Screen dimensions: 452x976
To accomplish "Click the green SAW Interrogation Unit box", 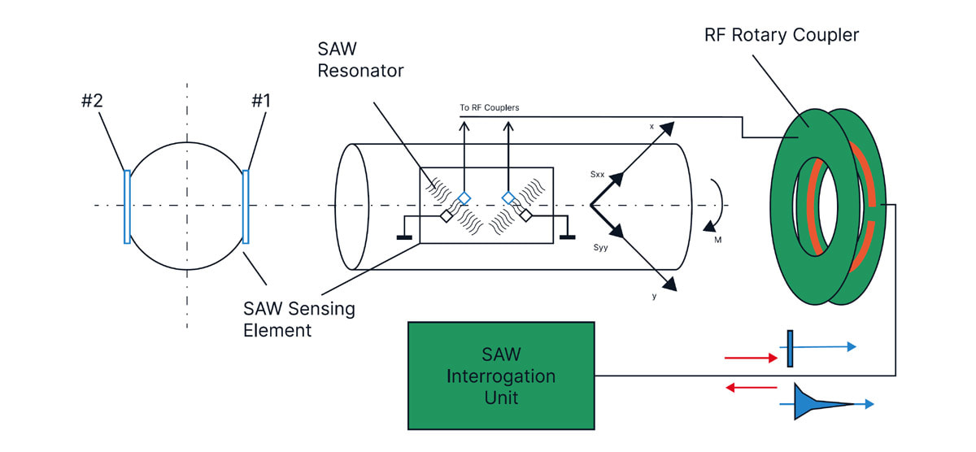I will (x=501, y=376).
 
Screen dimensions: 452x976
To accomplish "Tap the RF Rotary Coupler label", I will (x=782, y=36).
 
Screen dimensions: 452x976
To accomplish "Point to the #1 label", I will (x=260, y=102).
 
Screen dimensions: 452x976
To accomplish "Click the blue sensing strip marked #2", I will (x=127, y=206).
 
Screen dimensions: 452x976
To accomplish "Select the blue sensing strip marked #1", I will (x=246, y=206).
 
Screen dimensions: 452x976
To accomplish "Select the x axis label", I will (x=651, y=127).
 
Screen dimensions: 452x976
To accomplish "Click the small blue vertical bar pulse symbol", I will (x=790, y=349).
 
